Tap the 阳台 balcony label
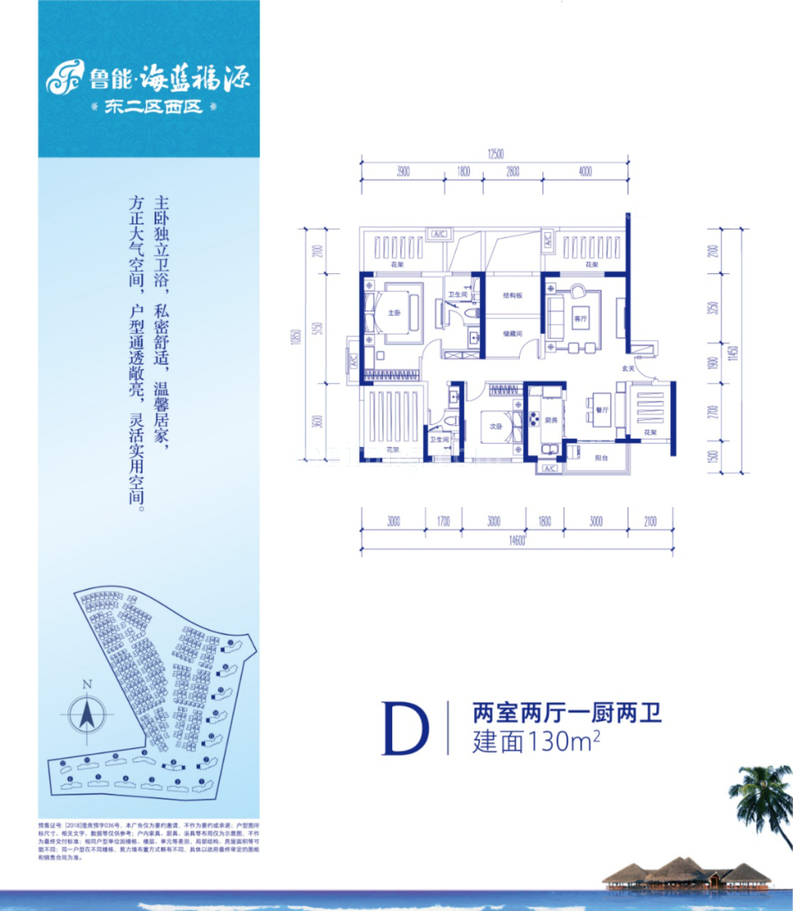click(602, 458)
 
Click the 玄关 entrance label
click(628, 369)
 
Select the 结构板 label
click(513, 295)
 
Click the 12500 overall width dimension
click(495, 153)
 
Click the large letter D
click(406, 728)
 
